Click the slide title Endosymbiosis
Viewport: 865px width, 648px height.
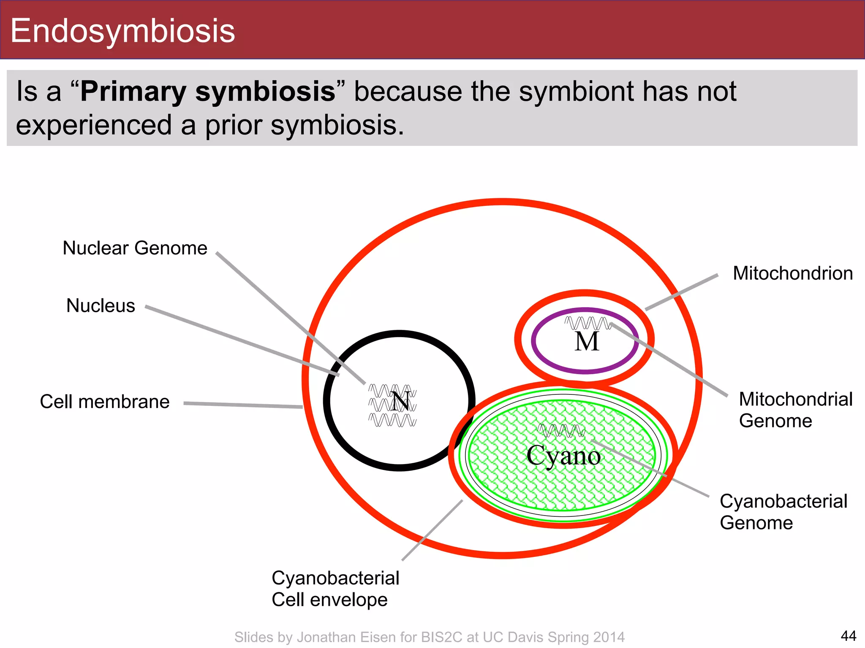[x=122, y=30]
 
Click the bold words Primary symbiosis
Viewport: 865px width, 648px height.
[x=208, y=91]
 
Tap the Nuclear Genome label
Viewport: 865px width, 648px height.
[x=135, y=248]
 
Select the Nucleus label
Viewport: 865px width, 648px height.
[x=101, y=305]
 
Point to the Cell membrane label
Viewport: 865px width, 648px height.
[x=104, y=402]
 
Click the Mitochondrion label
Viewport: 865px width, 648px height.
[x=792, y=273]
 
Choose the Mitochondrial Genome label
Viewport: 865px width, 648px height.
[x=796, y=410]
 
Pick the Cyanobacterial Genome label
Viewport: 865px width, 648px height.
[x=783, y=512]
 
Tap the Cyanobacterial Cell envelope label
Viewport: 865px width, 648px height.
[x=335, y=589]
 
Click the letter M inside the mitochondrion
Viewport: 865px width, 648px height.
[x=587, y=342]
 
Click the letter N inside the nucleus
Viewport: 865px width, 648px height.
[x=400, y=402]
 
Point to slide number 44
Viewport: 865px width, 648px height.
[x=848, y=636]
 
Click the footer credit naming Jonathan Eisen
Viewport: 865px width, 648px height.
[x=429, y=637]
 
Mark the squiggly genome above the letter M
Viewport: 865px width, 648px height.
[x=587, y=323]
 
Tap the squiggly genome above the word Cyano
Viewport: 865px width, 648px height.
[x=561, y=430]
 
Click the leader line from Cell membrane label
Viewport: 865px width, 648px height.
[x=243, y=405]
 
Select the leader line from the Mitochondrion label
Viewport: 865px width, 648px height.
[x=682, y=292]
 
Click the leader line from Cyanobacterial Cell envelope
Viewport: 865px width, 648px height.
[x=432, y=530]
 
